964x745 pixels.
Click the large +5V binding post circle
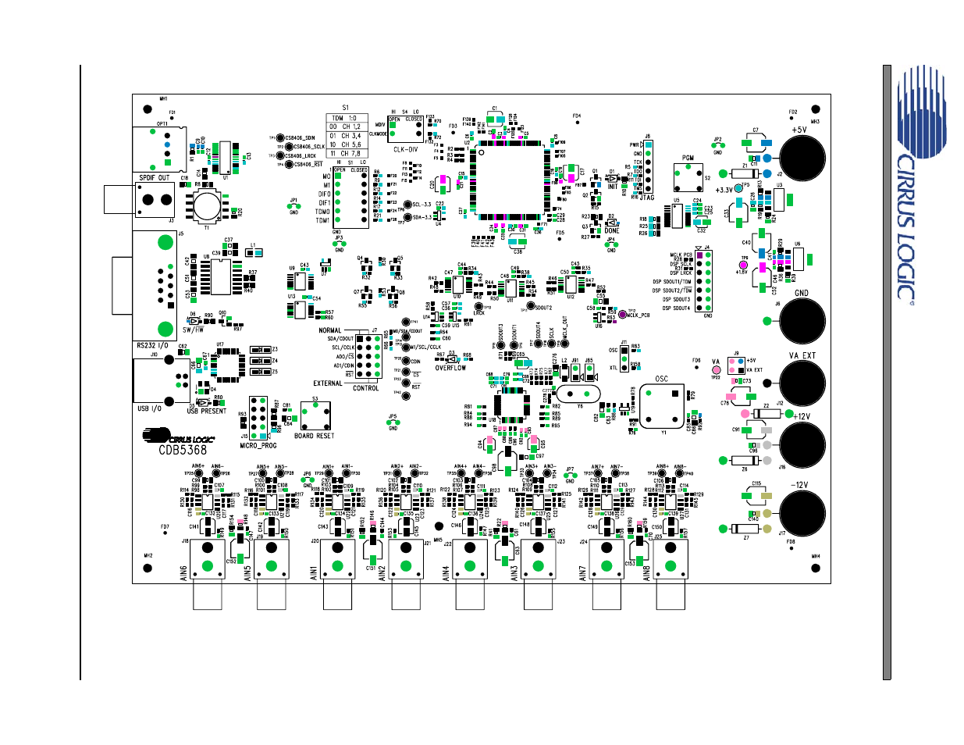pos(802,159)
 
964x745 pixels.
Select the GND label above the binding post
pos(801,294)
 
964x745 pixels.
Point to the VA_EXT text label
pos(802,355)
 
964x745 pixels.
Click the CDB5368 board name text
pos(183,450)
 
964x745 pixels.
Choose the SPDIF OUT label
pos(154,178)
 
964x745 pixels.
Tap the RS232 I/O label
pos(152,345)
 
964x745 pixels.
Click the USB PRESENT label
pos(207,411)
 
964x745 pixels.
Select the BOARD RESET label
pos(314,436)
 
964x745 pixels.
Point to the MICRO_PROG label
pos(258,446)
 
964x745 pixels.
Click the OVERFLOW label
pos(450,368)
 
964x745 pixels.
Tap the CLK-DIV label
pos(405,149)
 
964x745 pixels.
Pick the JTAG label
pos(647,198)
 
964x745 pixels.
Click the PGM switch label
pos(688,158)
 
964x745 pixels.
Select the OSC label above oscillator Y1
pos(661,379)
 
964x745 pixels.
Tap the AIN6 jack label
pos(184,572)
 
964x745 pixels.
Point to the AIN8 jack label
pos(646,572)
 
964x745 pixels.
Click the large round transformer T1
pos(207,205)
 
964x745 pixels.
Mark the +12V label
pos(801,416)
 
